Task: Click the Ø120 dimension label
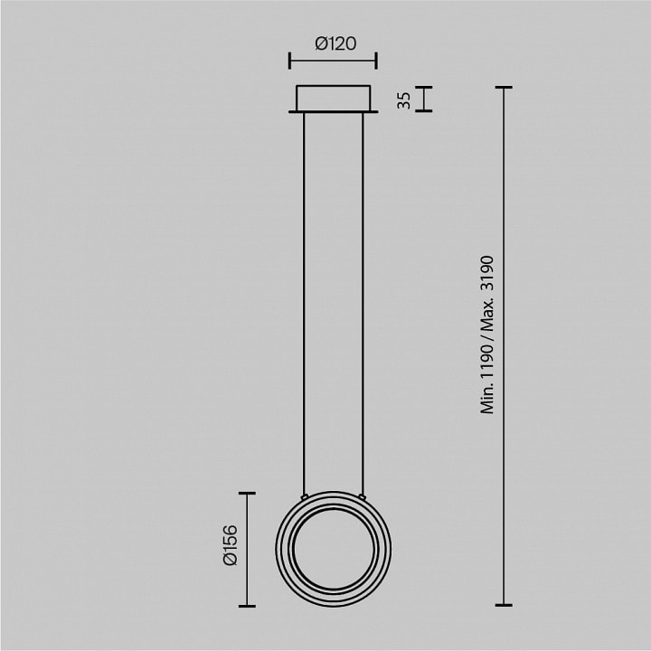pyautogui.click(x=335, y=43)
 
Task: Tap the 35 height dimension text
pyautogui.click(x=403, y=100)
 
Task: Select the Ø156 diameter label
pyautogui.click(x=231, y=545)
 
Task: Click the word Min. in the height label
pyautogui.click(x=487, y=399)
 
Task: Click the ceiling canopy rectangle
pyautogui.click(x=334, y=99)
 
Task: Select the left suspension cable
pyautogui.click(x=304, y=304)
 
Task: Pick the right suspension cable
pyautogui.click(x=363, y=304)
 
